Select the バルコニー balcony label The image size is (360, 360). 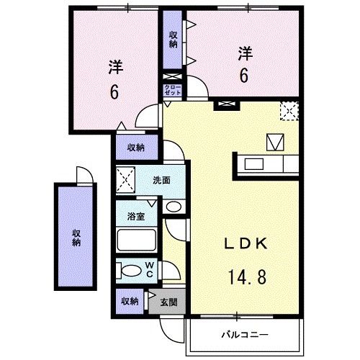[x=244, y=335]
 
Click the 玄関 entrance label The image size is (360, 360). [x=170, y=301]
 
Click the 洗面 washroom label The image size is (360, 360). [x=161, y=180]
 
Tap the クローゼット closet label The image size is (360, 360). [x=174, y=90]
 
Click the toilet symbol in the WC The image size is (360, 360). [x=132, y=271]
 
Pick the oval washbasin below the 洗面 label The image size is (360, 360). [x=173, y=207]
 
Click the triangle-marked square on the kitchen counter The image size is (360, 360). [x=276, y=142]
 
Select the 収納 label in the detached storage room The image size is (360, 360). [x=75, y=238]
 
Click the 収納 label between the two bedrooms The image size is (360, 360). [x=174, y=39]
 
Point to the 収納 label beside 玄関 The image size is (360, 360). [x=130, y=301]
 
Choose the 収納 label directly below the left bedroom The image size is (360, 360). [x=135, y=148]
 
